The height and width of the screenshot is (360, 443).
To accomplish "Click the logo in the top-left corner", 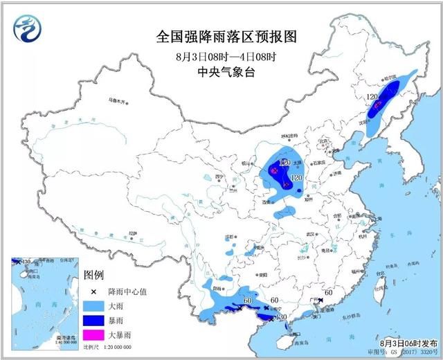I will [x=28, y=28].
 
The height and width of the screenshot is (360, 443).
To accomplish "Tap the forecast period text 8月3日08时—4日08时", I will [x=221, y=55].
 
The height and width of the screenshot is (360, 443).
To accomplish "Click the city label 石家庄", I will [x=318, y=163].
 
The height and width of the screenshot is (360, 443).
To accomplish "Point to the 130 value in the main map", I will [x=281, y=316].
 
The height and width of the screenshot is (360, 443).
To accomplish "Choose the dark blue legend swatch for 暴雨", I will [x=93, y=319].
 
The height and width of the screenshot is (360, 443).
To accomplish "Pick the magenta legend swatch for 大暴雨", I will [x=93, y=335].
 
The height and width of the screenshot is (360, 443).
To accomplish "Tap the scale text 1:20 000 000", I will [x=115, y=346].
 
